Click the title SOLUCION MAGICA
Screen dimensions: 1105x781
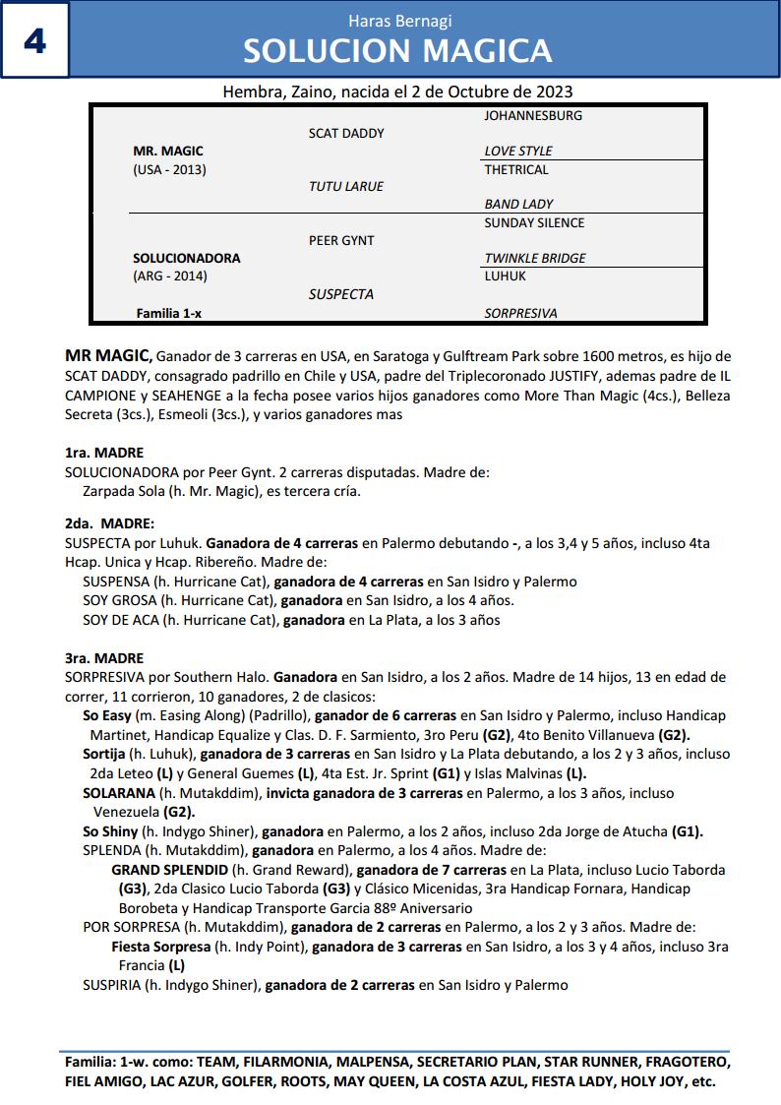click(397, 51)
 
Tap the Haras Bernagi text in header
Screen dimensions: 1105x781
click(399, 21)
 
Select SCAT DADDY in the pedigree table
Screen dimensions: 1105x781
click(346, 133)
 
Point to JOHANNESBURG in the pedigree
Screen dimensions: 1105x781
click(533, 115)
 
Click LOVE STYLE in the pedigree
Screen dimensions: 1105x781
click(518, 151)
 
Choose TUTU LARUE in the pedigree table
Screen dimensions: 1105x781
click(346, 186)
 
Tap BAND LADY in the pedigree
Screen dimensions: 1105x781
click(518, 204)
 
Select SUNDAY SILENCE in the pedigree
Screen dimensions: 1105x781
click(534, 222)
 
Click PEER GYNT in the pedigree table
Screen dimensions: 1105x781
click(341, 240)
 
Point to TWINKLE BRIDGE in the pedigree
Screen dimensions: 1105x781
click(535, 258)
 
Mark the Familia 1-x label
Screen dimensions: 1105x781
click(169, 313)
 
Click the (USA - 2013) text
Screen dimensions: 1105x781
click(169, 169)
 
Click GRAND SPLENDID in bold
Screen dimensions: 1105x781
click(169, 870)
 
